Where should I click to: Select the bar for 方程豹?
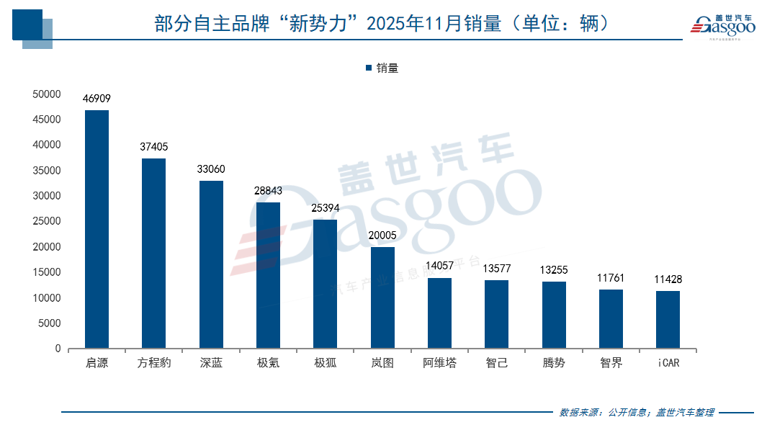click(x=153, y=254)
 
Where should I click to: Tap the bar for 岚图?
click(x=382, y=297)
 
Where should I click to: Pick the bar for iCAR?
click(x=668, y=319)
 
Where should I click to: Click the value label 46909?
click(x=97, y=99)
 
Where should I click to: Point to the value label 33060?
click(x=211, y=169)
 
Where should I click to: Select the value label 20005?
click(x=382, y=236)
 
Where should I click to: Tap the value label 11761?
click(x=611, y=278)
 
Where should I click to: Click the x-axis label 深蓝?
click(x=211, y=363)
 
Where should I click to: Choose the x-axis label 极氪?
click(x=268, y=363)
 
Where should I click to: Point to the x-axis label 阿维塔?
click(x=439, y=363)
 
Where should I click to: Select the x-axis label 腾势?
click(x=554, y=363)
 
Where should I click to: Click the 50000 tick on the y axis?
click(x=47, y=94)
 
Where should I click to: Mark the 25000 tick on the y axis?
click(x=47, y=221)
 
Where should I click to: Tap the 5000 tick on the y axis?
click(x=50, y=323)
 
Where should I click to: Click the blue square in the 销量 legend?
click(x=369, y=68)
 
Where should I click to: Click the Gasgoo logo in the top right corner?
click(x=722, y=26)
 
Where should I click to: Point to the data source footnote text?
click(x=637, y=413)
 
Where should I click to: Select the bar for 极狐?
click(x=325, y=284)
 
